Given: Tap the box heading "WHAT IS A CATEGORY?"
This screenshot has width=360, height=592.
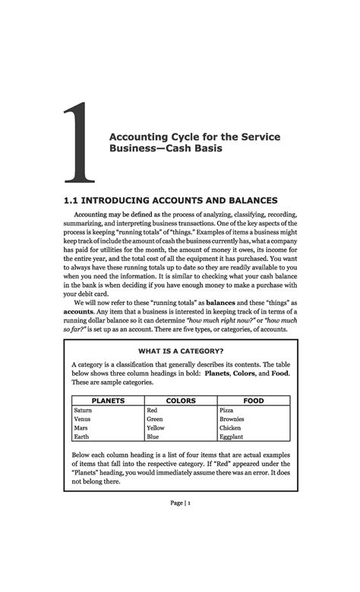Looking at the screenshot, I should coord(180,351).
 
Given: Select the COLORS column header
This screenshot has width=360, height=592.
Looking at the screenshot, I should coord(180,401).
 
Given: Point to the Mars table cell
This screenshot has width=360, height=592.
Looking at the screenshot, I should coord(81,428).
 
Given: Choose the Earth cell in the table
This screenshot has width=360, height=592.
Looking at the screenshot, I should coord(81,437).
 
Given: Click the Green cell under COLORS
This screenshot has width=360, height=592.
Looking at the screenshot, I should coord(155,419).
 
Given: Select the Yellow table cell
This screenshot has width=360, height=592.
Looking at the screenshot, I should coord(156,428).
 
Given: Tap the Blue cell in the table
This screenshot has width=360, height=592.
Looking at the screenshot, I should coord(153,437).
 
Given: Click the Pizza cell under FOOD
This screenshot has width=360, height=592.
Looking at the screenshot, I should coord(226,410).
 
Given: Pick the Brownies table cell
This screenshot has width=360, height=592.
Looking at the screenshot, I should coord(231,419).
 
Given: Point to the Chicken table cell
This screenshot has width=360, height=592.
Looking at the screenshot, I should coord(229,428).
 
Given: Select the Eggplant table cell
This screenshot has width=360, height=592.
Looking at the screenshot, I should coord(231,437).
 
